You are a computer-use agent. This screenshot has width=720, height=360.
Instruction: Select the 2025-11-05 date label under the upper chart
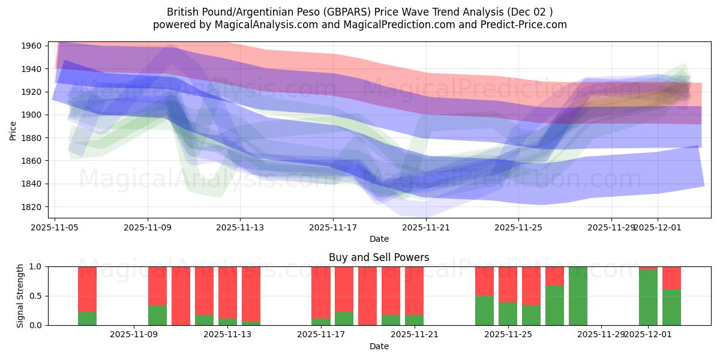55,227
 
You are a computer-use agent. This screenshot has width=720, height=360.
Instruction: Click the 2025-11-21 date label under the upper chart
426,227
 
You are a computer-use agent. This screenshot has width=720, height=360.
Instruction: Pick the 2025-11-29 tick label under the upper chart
611,227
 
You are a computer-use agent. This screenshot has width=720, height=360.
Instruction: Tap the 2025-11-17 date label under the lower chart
321,335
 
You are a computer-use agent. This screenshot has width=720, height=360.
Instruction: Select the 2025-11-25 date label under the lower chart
508,335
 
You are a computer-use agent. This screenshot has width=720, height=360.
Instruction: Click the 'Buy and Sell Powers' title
379,257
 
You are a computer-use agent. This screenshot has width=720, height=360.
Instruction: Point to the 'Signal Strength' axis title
20,296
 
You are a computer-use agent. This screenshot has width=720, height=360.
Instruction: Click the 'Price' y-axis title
13,130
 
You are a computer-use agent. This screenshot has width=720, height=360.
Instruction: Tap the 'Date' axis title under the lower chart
379,346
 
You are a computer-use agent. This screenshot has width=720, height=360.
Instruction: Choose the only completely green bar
578,296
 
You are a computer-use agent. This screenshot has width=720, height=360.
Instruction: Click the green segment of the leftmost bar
87,319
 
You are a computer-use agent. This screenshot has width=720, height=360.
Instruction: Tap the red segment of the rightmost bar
671,278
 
